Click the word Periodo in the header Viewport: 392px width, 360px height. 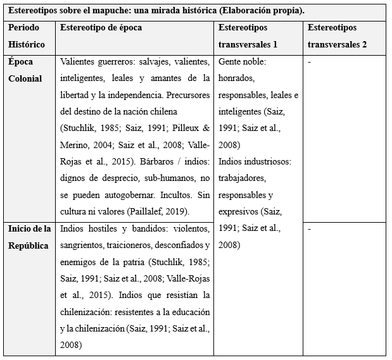24,28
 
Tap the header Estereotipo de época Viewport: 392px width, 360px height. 101,28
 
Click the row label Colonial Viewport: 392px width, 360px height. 26,79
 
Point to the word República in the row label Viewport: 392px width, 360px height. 28,245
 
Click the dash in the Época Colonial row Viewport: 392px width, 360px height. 309,63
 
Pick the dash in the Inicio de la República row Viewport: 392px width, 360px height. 309,229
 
